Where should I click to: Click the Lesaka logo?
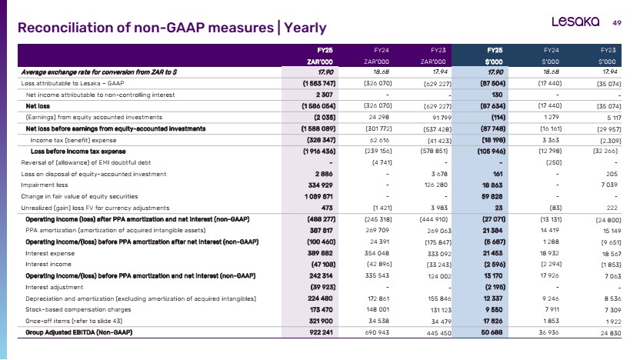[x=575, y=22]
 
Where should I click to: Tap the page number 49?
[x=617, y=23]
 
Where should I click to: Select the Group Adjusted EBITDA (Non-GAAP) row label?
[x=78, y=332]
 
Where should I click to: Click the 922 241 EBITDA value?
[x=321, y=332]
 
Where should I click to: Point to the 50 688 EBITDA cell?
[x=492, y=332]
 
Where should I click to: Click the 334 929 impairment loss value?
[x=321, y=185]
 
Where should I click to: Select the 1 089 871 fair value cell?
[x=318, y=196]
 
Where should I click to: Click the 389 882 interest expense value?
[x=321, y=253]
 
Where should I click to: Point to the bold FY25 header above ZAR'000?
[x=325, y=50]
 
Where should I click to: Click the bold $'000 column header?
[x=494, y=62]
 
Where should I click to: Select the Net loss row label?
[x=38, y=106]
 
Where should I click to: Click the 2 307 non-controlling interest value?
[x=324, y=95]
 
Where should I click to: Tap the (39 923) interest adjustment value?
[x=322, y=287]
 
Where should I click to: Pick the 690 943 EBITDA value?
[x=377, y=332]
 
